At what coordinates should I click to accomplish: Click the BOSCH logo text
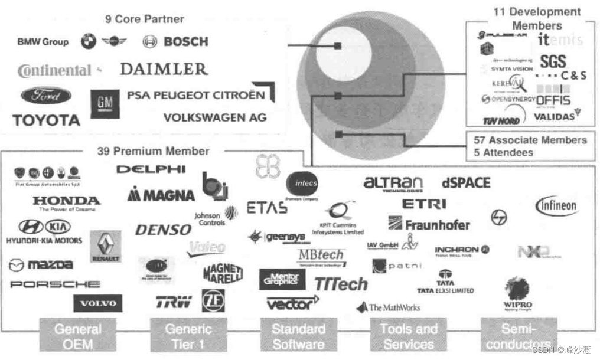click(185, 42)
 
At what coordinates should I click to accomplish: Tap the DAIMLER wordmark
click(164, 69)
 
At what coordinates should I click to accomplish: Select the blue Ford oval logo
click(46, 96)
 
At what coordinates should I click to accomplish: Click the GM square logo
click(105, 104)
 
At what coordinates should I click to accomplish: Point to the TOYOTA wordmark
click(46, 120)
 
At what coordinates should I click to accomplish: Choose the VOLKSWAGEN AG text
click(214, 117)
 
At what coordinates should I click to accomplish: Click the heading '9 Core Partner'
click(145, 19)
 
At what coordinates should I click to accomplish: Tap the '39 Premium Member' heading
click(153, 151)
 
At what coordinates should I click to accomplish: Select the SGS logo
click(553, 61)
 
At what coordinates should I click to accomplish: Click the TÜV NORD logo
click(501, 120)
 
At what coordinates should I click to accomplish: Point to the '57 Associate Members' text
click(530, 140)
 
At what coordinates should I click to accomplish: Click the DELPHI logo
click(151, 169)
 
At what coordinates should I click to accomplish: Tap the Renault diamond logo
click(106, 246)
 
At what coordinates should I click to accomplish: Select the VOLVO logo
click(98, 303)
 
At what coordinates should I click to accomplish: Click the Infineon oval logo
click(556, 206)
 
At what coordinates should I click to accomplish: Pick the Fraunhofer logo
click(429, 224)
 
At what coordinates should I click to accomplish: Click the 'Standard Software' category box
click(299, 336)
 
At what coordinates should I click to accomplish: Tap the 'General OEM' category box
click(77, 336)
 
